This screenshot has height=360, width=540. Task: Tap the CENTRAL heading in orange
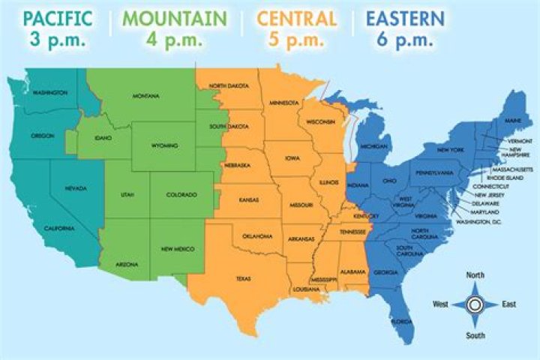click(297, 17)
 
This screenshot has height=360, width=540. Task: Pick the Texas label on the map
click(243, 278)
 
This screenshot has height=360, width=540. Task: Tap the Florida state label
click(402, 322)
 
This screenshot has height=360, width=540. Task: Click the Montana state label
click(146, 96)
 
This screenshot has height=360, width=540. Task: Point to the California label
click(58, 228)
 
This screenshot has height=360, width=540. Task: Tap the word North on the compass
click(475, 274)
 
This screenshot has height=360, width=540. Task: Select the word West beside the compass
click(441, 304)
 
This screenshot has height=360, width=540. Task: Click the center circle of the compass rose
click(475, 304)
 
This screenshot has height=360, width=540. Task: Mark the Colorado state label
click(181, 195)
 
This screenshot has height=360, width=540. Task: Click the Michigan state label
click(374, 147)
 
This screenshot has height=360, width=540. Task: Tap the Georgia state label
click(385, 272)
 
